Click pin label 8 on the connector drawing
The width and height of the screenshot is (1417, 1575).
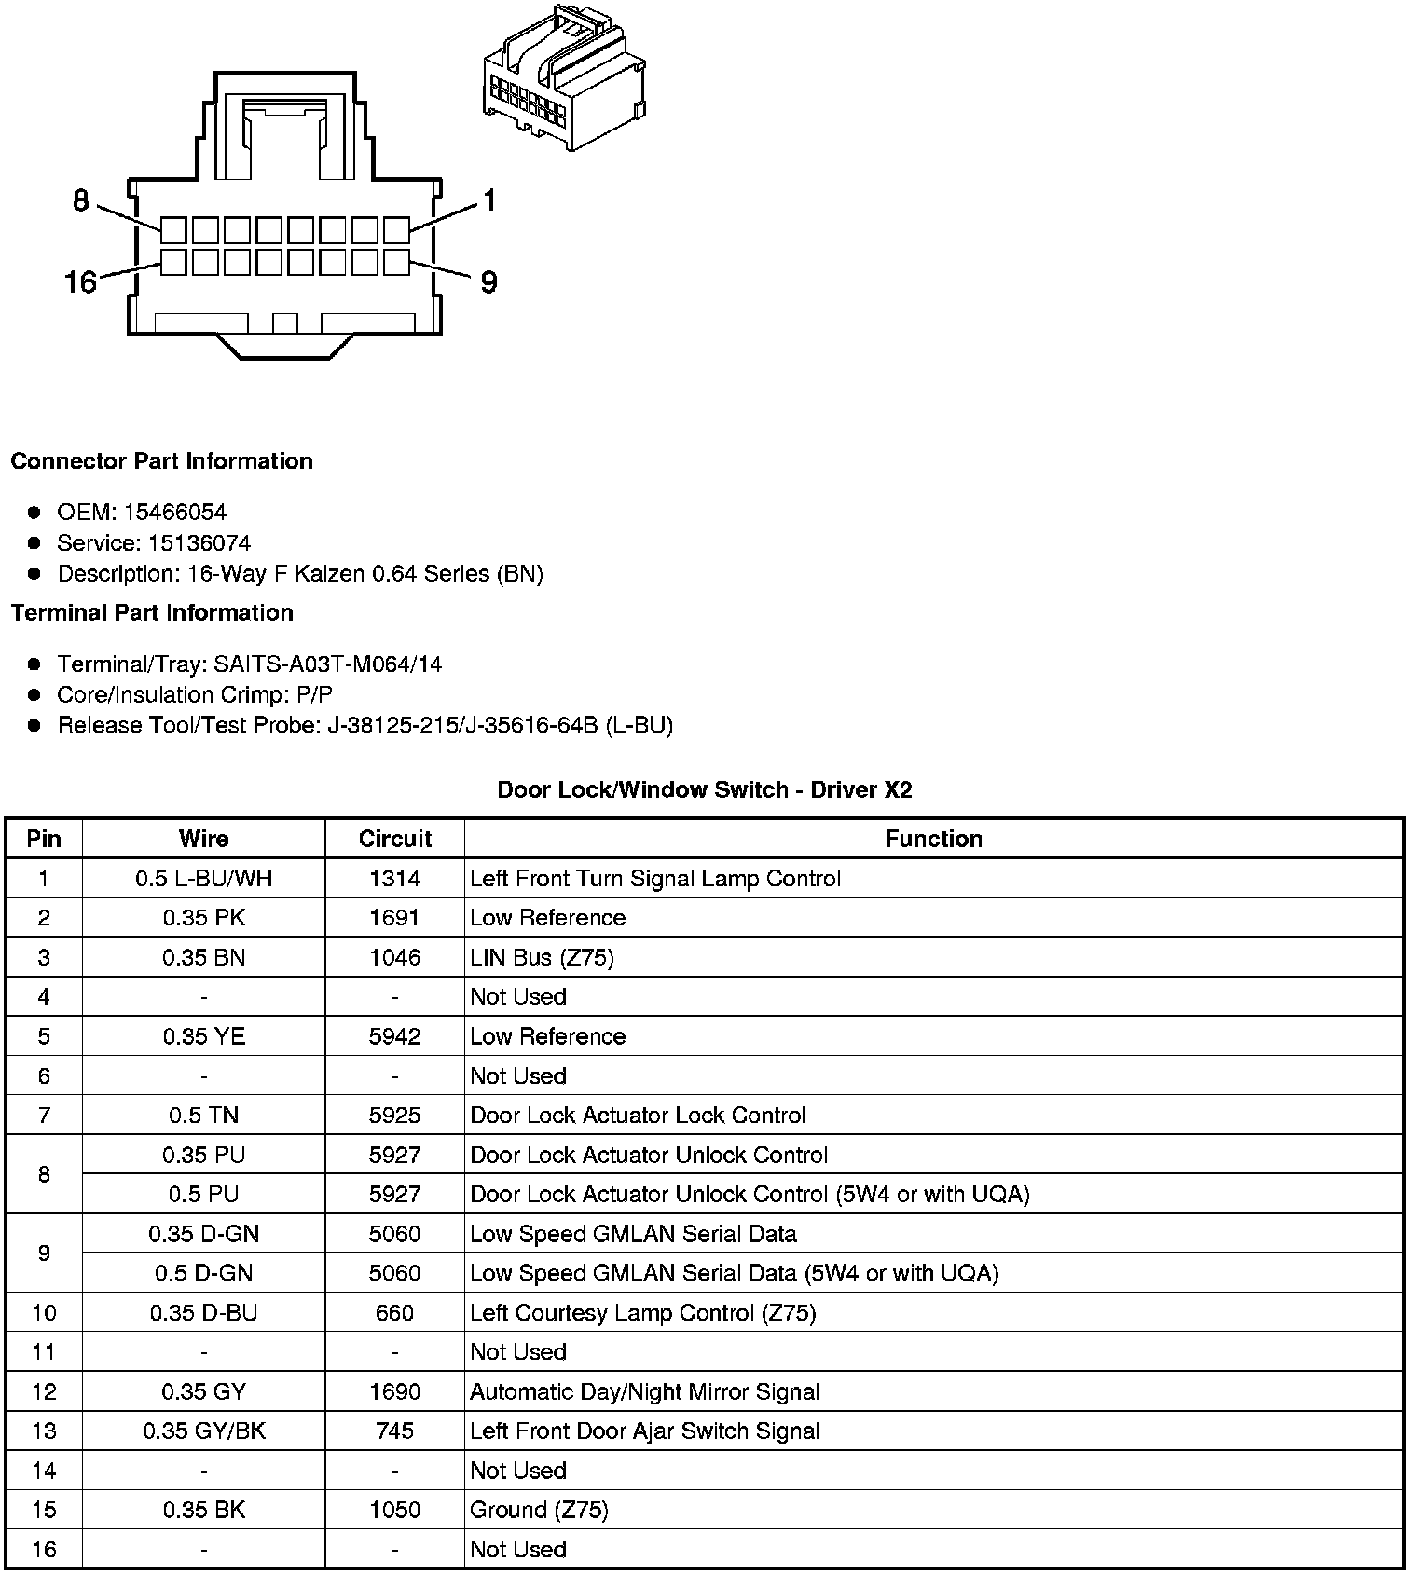(x=81, y=200)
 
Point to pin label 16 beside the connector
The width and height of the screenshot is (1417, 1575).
(x=80, y=281)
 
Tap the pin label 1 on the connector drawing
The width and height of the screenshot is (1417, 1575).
(x=489, y=200)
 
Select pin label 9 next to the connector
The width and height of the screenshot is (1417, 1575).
(x=488, y=281)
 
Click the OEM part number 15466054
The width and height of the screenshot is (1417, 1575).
(x=174, y=512)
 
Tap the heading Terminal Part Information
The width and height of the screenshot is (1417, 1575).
(x=152, y=612)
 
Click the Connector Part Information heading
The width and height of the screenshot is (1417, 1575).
(x=161, y=461)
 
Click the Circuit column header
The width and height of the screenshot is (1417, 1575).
(x=394, y=839)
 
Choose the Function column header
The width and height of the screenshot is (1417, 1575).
(x=933, y=839)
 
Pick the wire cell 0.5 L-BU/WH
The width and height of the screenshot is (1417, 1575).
(x=203, y=878)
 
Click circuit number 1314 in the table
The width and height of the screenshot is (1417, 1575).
(x=394, y=878)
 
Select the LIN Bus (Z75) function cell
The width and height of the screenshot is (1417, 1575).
(x=542, y=957)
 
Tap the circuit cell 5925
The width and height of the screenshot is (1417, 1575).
(x=394, y=1115)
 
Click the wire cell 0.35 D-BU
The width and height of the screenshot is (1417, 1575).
(x=203, y=1312)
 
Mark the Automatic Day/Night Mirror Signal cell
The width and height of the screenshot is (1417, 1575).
(x=644, y=1391)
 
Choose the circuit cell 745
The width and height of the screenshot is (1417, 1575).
(x=394, y=1431)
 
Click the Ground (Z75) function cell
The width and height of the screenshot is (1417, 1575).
(x=539, y=1510)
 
